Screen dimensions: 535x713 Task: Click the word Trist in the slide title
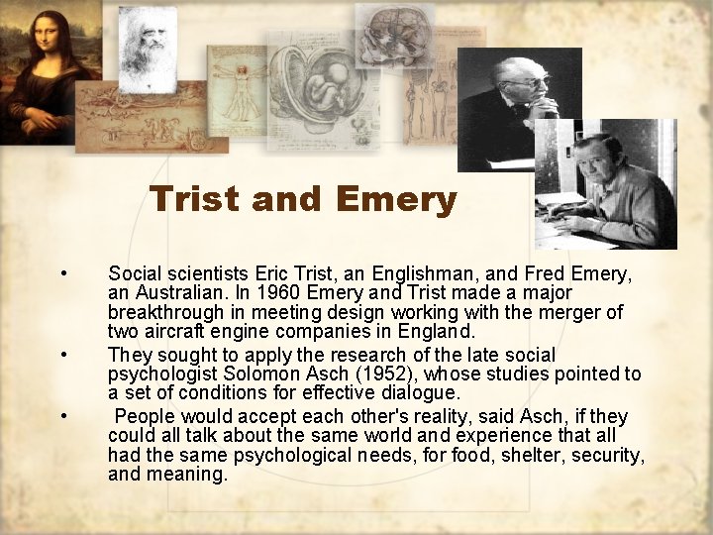point(195,200)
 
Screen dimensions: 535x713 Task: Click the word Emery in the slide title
point(396,200)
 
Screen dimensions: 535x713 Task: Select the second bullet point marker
point(63,355)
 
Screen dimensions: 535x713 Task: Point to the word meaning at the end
point(185,475)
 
